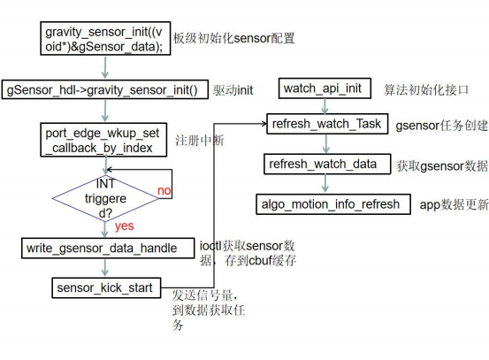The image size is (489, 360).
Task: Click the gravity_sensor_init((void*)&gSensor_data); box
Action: point(105,39)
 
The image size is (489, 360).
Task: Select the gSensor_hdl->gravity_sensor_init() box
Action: point(104,90)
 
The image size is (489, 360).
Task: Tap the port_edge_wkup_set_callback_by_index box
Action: point(103,140)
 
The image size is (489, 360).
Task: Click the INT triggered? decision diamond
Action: point(105,198)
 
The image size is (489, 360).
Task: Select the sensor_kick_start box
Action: point(106,287)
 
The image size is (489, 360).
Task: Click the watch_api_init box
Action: point(325,88)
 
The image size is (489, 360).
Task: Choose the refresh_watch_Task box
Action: point(327,124)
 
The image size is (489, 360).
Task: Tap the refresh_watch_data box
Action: point(327,165)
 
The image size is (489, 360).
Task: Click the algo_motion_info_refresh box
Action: point(333,204)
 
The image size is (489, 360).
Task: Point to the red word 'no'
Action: point(164,190)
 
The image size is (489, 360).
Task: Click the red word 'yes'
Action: point(124,226)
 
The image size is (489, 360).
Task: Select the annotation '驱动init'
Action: point(233,90)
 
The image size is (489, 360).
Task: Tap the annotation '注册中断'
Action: point(200,141)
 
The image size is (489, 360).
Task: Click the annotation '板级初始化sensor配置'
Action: point(234,38)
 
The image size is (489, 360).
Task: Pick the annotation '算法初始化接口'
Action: point(426,90)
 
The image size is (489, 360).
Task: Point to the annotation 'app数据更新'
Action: point(455,205)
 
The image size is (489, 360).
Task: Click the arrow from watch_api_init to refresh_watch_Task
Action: point(325,106)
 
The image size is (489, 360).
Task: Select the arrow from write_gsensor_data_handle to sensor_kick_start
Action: point(105,268)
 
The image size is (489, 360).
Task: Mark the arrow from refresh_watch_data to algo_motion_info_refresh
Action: point(325,184)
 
